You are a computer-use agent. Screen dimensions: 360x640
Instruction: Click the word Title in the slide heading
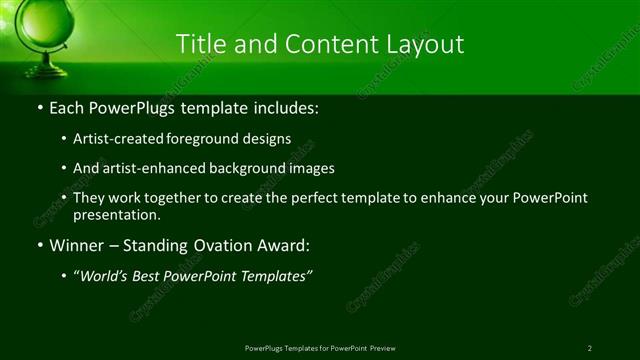tap(200, 44)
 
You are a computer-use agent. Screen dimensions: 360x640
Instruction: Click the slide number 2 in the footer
tap(589, 348)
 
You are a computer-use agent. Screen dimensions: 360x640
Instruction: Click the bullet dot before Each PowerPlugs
tap(39, 107)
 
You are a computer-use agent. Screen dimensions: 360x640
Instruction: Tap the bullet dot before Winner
tap(39, 245)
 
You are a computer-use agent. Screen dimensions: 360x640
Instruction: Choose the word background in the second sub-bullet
tap(250, 168)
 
